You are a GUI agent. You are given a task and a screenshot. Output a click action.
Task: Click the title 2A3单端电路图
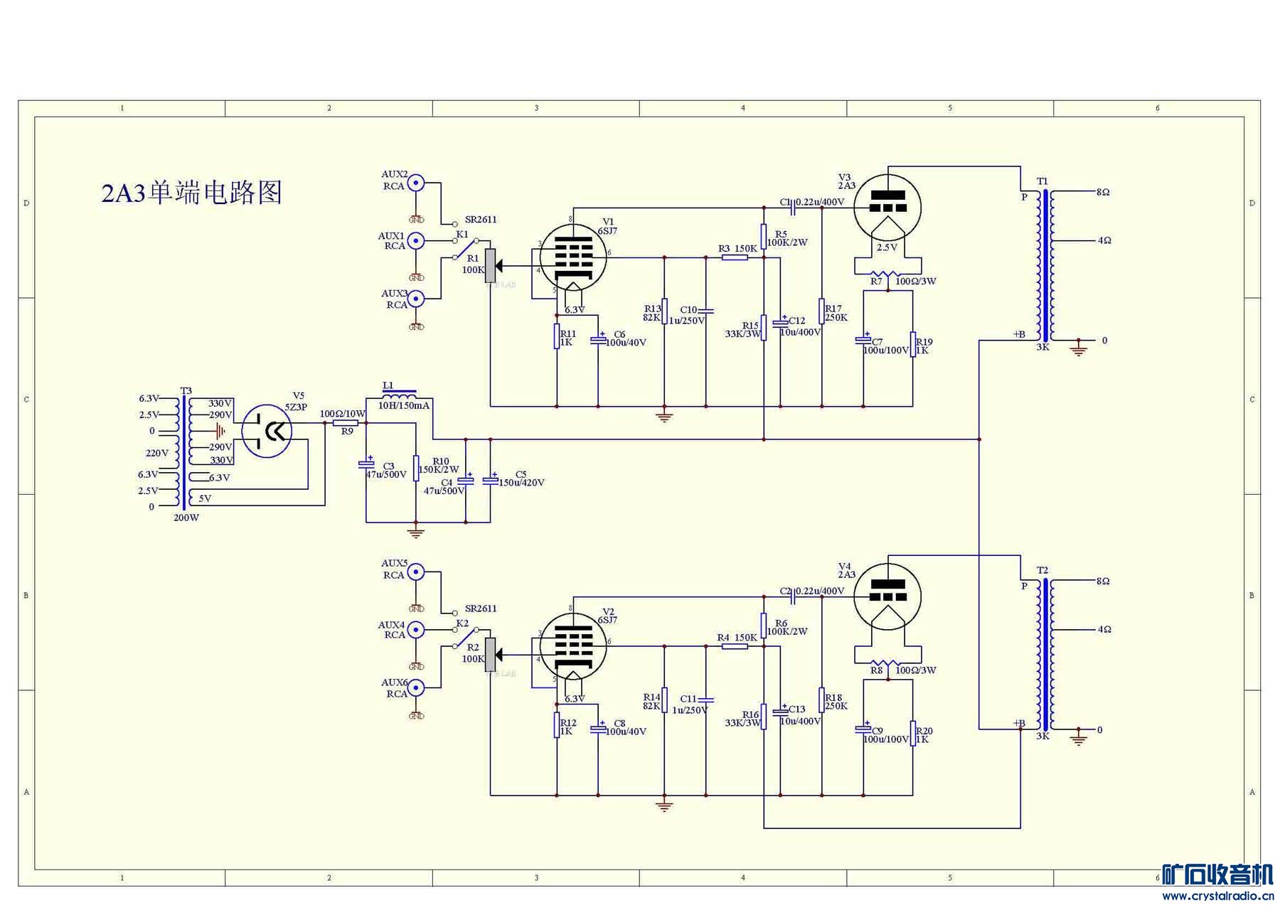(x=192, y=193)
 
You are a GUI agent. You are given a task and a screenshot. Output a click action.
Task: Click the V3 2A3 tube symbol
(x=887, y=208)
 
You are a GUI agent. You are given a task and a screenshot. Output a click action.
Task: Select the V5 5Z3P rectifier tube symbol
(x=267, y=430)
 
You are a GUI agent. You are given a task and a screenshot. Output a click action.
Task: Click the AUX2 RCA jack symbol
(x=416, y=183)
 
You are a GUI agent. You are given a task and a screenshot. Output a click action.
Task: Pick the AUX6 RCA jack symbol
(x=416, y=687)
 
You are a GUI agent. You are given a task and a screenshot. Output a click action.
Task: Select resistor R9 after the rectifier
(x=346, y=423)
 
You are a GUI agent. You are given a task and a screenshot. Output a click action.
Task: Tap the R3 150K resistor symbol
(x=735, y=257)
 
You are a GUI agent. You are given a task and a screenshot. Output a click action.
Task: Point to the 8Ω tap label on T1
(x=1103, y=192)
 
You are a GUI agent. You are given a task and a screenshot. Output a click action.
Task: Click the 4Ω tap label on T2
(x=1104, y=629)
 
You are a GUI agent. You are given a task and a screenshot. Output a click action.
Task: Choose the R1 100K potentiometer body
(x=490, y=266)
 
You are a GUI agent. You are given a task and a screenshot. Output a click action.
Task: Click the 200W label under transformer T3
(x=186, y=518)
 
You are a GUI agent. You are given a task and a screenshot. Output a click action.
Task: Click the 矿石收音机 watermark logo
(x=1217, y=874)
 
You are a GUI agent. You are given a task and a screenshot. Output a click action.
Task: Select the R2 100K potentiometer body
(x=490, y=655)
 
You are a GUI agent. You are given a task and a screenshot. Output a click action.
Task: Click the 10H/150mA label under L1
(x=404, y=406)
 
